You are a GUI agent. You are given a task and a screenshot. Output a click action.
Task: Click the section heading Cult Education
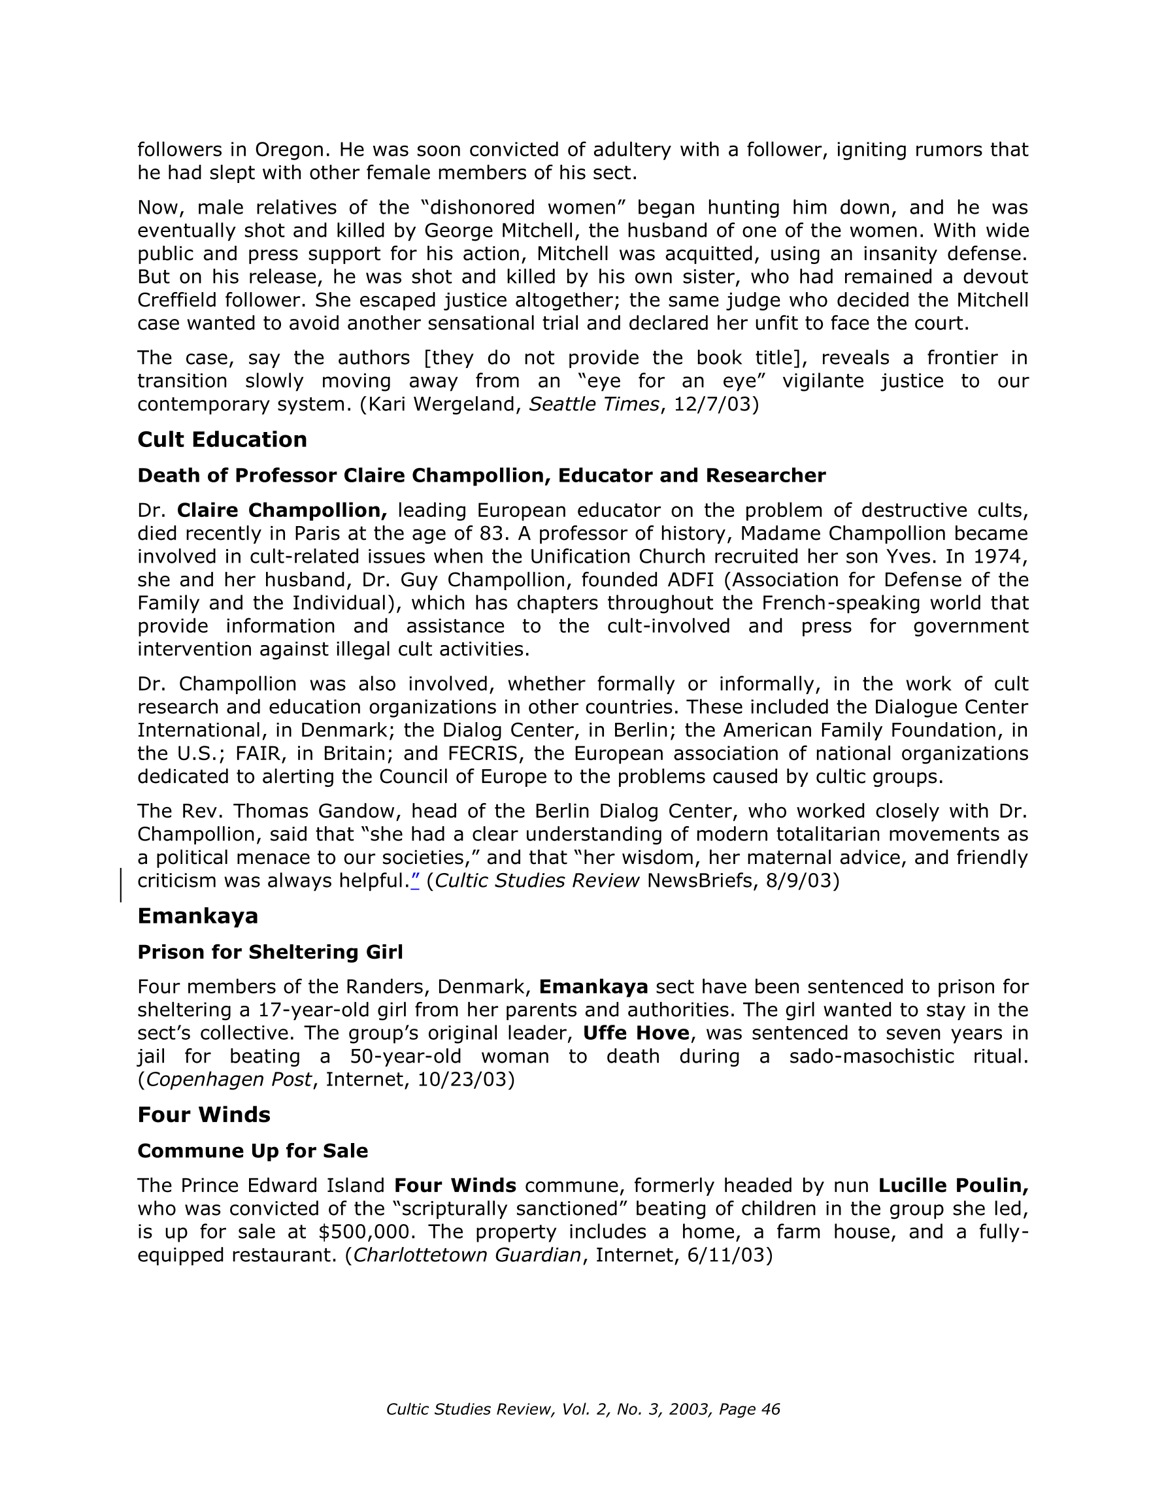coord(222,439)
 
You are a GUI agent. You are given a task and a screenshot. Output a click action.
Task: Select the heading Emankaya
coord(197,916)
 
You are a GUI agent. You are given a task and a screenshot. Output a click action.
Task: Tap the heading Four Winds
coord(204,1114)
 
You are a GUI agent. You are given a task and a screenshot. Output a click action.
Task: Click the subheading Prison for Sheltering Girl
coord(270,952)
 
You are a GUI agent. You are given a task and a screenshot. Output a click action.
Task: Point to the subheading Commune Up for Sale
coord(253,1150)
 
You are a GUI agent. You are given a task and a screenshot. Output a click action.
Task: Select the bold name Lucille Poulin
coord(953,1186)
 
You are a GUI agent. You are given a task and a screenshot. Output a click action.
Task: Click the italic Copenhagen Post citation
coord(229,1079)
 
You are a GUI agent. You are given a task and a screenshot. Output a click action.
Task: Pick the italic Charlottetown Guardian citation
coord(467,1255)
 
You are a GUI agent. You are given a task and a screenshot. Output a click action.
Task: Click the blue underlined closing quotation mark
coord(414,881)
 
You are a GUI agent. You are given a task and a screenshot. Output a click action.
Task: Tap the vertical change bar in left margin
coord(122,885)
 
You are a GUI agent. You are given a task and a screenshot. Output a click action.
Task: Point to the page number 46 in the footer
coord(770,1410)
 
